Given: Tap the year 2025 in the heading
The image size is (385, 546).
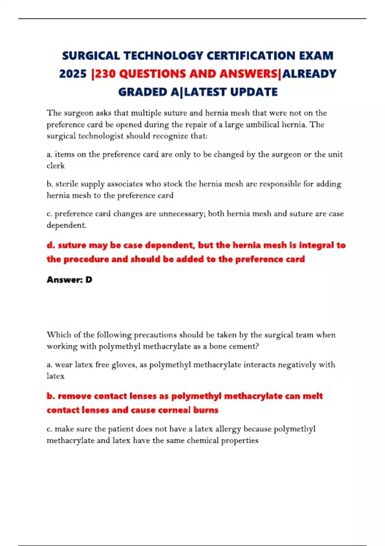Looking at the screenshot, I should tap(73, 74).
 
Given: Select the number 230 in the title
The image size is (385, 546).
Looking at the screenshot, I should tap(105, 74).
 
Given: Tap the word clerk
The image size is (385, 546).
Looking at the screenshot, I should tap(56, 166).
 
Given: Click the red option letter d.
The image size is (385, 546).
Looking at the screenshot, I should tap(50, 245).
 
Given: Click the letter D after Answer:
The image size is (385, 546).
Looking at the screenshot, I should tap(89, 280).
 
